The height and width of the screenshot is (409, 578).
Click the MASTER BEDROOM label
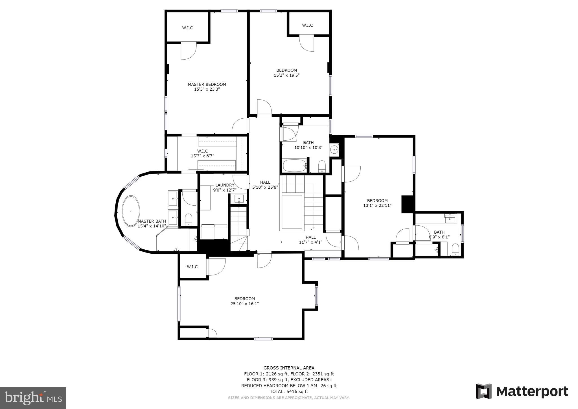click(207, 84)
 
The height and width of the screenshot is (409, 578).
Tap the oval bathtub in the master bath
click(131, 211)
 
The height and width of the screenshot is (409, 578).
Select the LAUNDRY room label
click(225, 185)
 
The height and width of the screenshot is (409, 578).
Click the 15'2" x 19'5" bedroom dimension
click(286, 75)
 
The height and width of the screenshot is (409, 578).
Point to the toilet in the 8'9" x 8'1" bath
click(455, 249)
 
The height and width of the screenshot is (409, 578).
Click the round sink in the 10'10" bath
click(334, 149)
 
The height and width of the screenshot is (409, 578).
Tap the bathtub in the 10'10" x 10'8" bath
click(294, 165)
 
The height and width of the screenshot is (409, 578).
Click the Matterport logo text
click(532, 391)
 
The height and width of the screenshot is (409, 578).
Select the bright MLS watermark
click(33, 398)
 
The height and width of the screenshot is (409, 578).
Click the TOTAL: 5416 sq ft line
click(289, 391)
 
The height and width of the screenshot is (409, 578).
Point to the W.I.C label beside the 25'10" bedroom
click(192, 267)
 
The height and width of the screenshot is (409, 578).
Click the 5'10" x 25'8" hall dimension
click(265, 187)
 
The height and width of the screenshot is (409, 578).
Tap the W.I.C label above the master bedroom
click(187, 28)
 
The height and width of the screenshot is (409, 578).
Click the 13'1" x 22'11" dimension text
click(377, 205)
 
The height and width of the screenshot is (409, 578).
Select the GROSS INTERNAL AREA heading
click(289, 368)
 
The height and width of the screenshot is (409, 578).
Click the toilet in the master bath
click(188, 219)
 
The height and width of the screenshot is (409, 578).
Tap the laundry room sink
click(239, 199)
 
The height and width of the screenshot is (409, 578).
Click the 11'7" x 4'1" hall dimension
click(310, 242)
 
